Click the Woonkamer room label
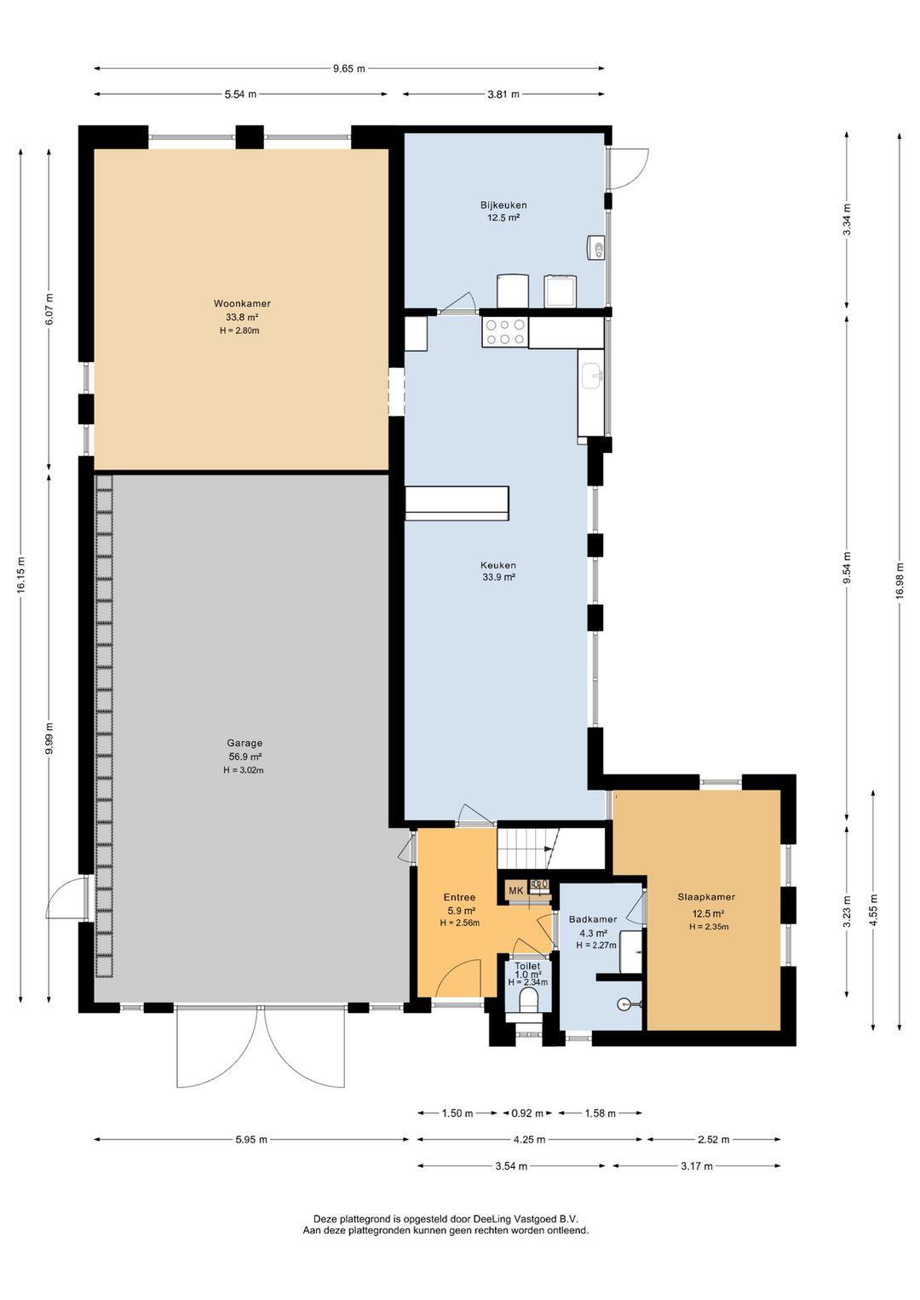point(242,303)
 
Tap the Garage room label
point(244,743)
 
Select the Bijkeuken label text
point(503,204)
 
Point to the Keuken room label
point(498,565)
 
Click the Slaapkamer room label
point(706,897)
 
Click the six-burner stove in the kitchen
point(504,332)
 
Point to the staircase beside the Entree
point(527,848)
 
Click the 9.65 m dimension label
point(349,68)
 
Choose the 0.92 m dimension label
point(527,1113)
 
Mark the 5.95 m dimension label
point(251,1139)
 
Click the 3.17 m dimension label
point(696,1166)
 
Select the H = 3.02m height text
point(244,770)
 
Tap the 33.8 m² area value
point(242,318)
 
